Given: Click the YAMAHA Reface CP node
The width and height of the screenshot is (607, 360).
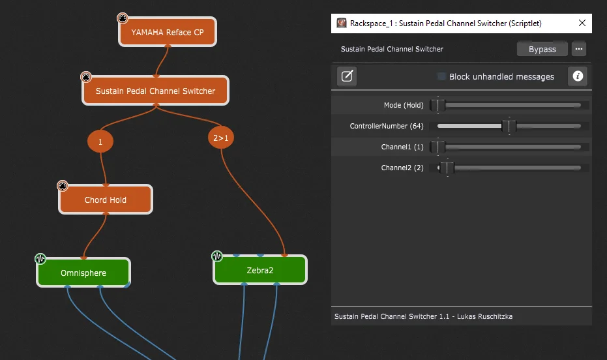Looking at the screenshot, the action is [x=167, y=32].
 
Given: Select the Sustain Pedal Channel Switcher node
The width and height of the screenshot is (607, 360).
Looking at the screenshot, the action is [x=155, y=91].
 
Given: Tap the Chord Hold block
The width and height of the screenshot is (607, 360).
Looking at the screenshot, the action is [x=106, y=200].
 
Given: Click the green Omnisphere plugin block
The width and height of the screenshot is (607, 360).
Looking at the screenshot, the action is [x=83, y=273].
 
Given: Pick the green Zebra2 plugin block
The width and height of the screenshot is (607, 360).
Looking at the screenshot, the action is [x=259, y=270].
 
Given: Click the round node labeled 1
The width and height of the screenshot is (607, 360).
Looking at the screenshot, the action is [x=100, y=142].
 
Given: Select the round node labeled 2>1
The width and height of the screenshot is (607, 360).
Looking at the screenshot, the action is [x=220, y=138].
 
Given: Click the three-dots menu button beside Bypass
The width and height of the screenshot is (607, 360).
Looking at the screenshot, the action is [x=579, y=49].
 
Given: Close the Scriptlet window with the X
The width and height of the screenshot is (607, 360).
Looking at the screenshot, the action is [x=582, y=23].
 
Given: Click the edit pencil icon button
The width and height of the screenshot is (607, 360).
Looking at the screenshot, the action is [x=347, y=76].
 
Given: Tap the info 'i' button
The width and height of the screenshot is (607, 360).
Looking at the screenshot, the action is [x=578, y=76].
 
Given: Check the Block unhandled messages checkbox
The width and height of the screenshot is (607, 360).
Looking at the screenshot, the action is [x=441, y=76].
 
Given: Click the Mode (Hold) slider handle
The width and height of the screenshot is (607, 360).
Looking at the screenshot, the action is [x=438, y=105].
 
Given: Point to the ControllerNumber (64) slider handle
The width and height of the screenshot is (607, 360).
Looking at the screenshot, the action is [x=509, y=126].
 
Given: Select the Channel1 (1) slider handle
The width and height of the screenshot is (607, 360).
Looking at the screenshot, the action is [x=438, y=147].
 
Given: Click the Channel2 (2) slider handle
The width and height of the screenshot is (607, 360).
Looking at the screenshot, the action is [x=447, y=168].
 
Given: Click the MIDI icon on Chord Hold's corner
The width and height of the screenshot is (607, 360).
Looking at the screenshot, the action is [x=63, y=186].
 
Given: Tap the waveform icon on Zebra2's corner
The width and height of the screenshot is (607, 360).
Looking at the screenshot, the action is [x=216, y=256].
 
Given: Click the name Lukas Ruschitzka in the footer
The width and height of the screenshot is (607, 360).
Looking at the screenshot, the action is [x=484, y=316].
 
